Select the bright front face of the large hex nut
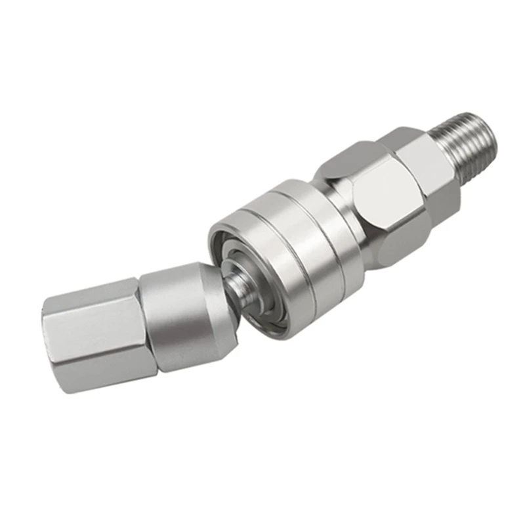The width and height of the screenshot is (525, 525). (x=387, y=190)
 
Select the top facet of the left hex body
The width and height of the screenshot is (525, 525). (x=92, y=292)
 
